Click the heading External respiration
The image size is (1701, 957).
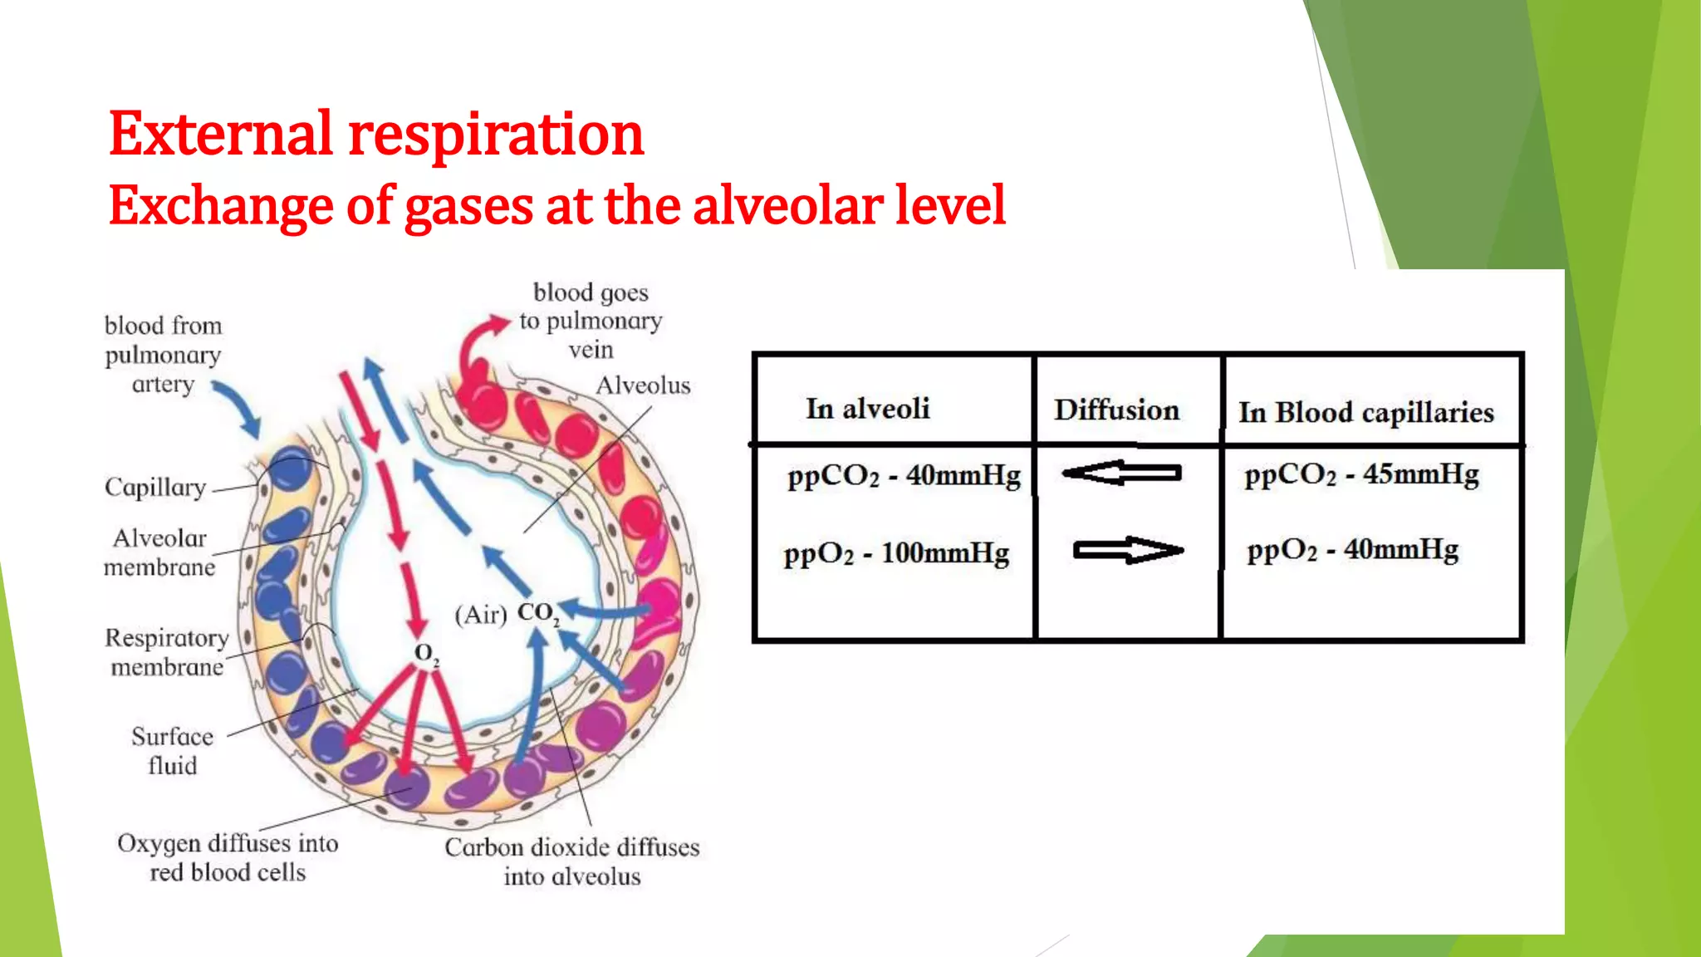coord(375,135)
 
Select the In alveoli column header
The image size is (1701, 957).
coord(867,409)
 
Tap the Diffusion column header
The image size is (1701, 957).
coord(1116,410)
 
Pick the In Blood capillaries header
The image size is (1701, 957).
coord(1365,413)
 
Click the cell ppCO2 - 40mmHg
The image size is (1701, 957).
coord(904,476)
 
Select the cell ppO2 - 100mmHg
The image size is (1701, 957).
coord(896,553)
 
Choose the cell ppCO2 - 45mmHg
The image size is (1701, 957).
coord(1361,474)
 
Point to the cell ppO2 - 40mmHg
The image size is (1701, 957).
coord(1352,550)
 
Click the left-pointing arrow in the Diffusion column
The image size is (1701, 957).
coord(1121,474)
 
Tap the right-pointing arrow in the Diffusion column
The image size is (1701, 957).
coord(1127,550)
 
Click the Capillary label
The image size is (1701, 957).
coord(155,488)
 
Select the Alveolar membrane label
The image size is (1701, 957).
coord(159,553)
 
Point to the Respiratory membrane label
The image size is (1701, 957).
coord(166,653)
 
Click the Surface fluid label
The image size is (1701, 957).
coord(172,751)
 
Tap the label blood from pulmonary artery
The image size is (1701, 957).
coord(163,355)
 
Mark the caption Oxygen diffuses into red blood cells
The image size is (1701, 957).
coord(228,858)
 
